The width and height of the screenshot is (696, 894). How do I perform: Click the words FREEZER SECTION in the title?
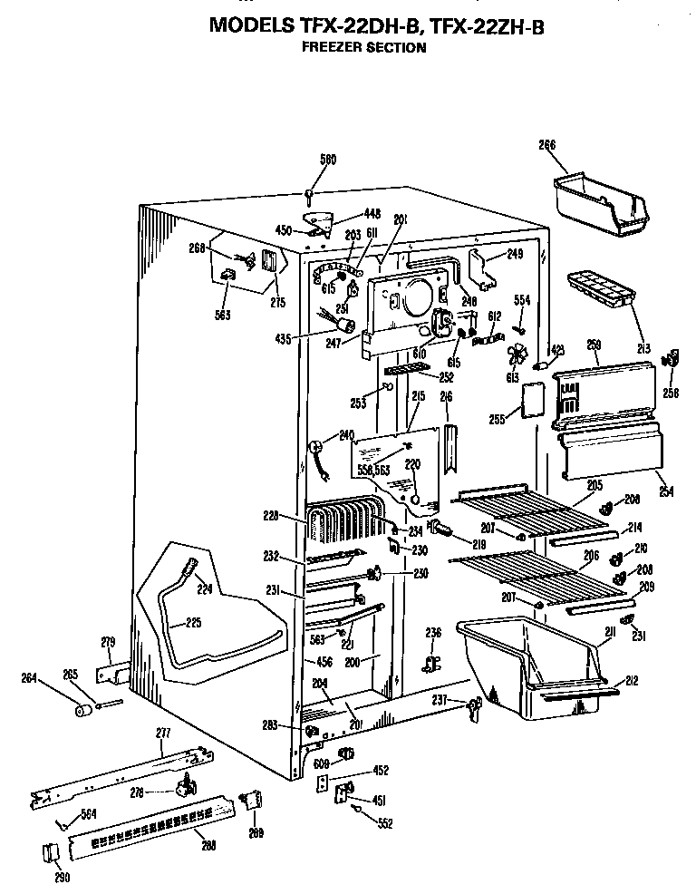point(363,47)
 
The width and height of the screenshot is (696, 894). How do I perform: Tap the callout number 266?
point(547,145)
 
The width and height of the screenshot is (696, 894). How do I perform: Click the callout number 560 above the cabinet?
point(302,160)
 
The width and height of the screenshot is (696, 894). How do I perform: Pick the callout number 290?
point(63,877)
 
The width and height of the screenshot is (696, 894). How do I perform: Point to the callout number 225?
point(193,622)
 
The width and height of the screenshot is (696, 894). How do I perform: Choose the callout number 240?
point(346,435)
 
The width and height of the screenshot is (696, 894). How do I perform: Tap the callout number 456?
point(324,662)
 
